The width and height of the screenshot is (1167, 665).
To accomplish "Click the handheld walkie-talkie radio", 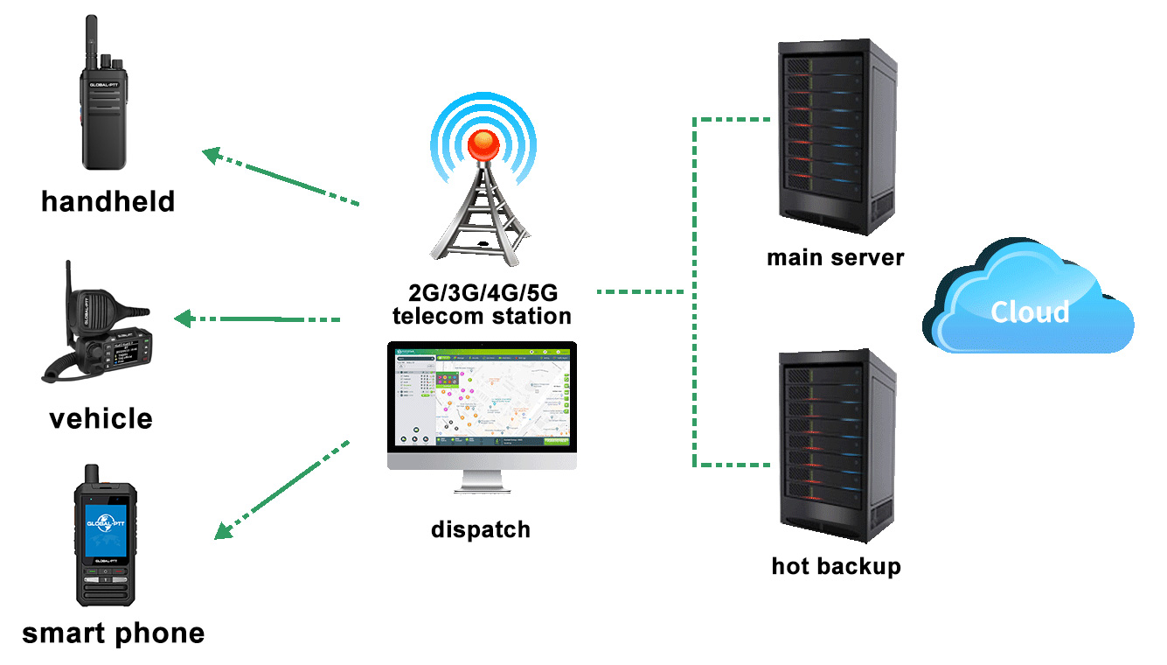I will point(105,114).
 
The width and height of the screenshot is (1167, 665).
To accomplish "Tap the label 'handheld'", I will point(108,201).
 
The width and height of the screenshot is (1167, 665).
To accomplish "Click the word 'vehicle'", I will point(101,418).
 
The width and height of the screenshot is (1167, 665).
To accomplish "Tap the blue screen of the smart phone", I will point(106,521).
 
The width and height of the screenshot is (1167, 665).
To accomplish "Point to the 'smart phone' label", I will point(113,633).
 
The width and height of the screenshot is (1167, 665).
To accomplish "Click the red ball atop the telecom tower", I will point(483,143).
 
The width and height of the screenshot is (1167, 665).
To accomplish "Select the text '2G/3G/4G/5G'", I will point(482,294).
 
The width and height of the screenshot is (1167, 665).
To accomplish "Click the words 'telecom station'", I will point(482,316).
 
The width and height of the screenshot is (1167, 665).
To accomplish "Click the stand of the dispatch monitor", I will point(482,481).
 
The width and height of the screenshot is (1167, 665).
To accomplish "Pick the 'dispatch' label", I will point(481,529).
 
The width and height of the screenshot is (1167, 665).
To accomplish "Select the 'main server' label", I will point(835,258).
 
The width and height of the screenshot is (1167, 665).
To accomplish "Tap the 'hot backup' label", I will point(836,566).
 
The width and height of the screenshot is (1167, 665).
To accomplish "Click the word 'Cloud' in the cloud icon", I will point(1029,312).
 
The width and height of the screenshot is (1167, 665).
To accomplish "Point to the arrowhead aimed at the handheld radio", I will point(212,155).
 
